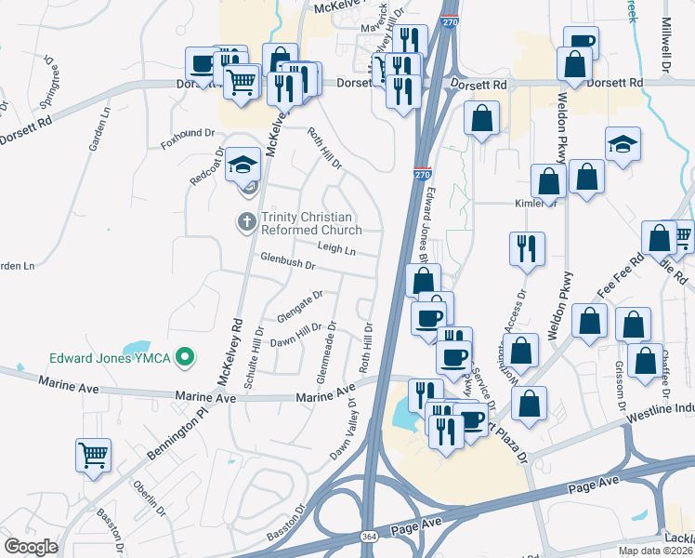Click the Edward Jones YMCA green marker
pyautogui.click(x=185, y=356)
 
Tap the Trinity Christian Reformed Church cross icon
pyautogui.click(x=246, y=222)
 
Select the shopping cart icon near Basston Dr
pyautogui.click(x=93, y=455)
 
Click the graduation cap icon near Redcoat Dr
pyautogui.click(x=243, y=165)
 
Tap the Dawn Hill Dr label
pyautogui.click(x=295, y=336)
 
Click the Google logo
pyautogui.click(x=30, y=547)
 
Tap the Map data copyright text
pyautogui.click(x=656, y=551)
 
